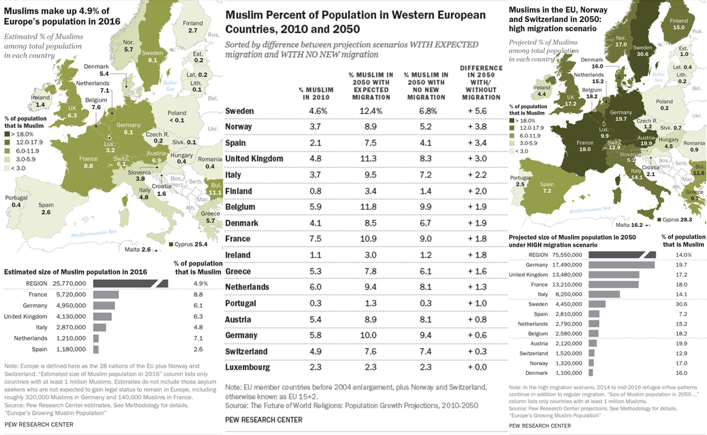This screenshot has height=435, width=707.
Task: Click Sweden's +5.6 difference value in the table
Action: [x=477, y=111]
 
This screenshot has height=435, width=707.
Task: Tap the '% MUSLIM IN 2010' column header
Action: [x=316, y=93]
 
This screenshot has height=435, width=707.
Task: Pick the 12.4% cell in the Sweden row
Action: [x=371, y=111]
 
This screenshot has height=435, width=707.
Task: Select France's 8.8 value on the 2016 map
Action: [x=88, y=166]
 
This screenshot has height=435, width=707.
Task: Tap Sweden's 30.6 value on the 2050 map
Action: [x=642, y=54]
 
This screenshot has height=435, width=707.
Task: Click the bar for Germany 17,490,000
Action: [x=621, y=265]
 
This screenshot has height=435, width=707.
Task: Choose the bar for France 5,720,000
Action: [x=106, y=295]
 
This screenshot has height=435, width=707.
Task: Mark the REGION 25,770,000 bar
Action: [x=130, y=283]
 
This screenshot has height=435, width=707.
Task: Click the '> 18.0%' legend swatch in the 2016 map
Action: [x=7, y=134]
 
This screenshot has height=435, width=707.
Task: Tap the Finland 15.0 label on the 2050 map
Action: [x=678, y=27]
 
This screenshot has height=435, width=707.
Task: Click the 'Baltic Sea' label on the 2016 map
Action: [x=170, y=86]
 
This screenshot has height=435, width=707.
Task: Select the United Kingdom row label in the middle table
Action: [x=254, y=159]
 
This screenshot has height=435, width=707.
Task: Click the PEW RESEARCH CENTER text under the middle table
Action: [x=264, y=420]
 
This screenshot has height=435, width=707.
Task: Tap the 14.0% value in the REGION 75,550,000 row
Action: [x=684, y=255]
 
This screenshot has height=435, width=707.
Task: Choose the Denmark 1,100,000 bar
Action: [x=591, y=373]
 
